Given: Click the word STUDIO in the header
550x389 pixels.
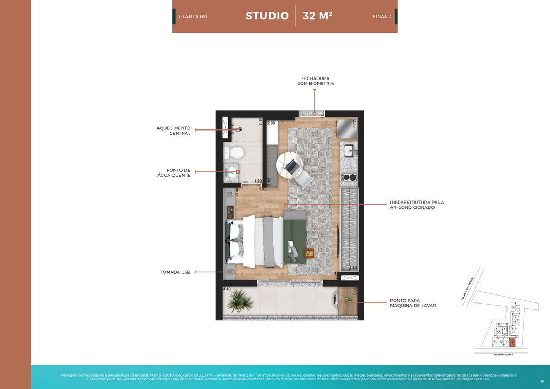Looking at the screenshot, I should tap(267, 16).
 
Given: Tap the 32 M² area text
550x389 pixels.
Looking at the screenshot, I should tap(317, 16).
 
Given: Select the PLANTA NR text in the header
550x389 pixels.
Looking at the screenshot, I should tap(193, 17).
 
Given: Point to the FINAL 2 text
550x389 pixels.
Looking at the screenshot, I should tap(382, 17).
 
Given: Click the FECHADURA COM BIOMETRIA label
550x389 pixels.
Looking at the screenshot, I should tap(315, 81).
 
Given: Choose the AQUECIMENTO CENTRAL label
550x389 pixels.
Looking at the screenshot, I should tap(173, 131).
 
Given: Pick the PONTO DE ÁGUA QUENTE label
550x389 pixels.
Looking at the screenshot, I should tap(177, 172).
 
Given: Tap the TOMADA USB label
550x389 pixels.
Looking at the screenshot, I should tap(176, 272).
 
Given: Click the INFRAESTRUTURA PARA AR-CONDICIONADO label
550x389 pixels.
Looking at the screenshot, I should tap(417, 205).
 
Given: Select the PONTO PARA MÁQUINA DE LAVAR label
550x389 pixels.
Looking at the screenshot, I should tap(413, 304).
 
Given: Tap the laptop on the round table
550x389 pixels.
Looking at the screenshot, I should tap(290, 165).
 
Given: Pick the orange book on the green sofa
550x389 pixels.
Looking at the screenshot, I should tap(309, 253).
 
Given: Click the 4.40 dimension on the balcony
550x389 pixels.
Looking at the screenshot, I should tap(227, 289).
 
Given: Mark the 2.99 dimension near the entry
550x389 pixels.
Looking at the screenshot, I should tap(271, 123).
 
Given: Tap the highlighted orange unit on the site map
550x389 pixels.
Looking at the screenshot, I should tap(512, 341).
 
